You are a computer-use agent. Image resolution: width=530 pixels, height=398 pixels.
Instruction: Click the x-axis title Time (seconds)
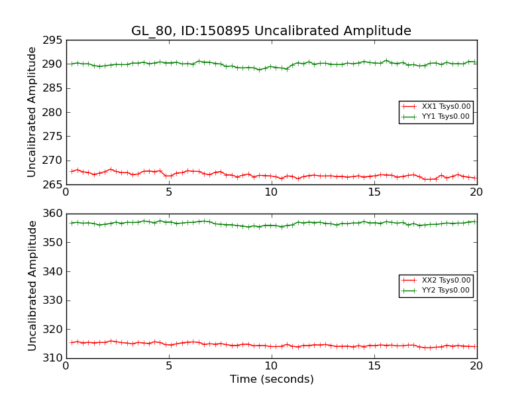272,379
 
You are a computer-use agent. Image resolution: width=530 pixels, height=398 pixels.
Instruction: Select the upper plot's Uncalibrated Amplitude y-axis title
32,112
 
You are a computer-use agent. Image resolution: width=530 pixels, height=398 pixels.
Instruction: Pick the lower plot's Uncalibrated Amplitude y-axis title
32,286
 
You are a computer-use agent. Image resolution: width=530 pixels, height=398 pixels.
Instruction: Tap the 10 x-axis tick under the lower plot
272,366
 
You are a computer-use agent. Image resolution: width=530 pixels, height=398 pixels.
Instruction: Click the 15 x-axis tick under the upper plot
374,192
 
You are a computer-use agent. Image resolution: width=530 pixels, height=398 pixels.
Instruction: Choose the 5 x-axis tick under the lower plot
169,366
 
